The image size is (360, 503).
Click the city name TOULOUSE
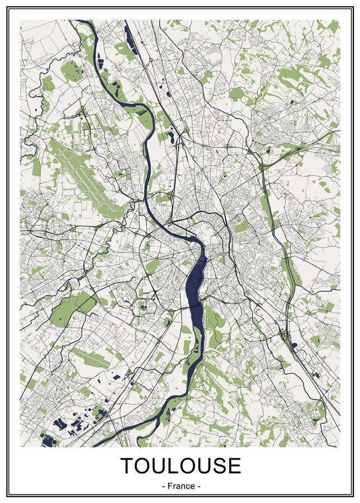pyautogui.click(x=181, y=466)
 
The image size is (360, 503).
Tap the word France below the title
pyautogui.click(x=181, y=486)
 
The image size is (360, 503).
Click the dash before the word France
pyautogui.click(x=163, y=486)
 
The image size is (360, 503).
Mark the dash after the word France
pyautogui.click(x=198, y=486)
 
